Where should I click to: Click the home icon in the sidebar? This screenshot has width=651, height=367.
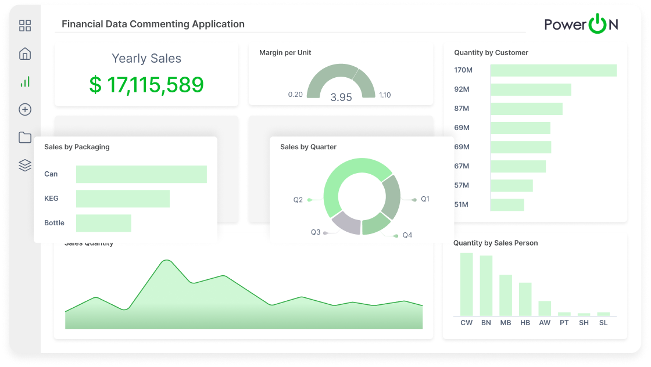(x=25, y=54)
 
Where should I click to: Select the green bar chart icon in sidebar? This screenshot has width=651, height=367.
(x=25, y=82)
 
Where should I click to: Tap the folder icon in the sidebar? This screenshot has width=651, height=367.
(x=25, y=138)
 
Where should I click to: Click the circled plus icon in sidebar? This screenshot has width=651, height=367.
(x=25, y=110)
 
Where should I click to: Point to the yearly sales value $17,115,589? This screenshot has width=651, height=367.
(x=146, y=85)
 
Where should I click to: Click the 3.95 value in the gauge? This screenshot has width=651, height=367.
(x=341, y=98)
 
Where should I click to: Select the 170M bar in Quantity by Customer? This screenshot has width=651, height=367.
(x=553, y=70)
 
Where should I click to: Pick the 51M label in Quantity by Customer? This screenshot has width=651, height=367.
(x=462, y=204)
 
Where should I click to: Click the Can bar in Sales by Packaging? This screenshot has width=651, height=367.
(x=141, y=174)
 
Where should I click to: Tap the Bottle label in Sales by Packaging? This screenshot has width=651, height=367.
(x=54, y=223)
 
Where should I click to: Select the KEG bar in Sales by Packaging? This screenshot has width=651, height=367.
(x=123, y=199)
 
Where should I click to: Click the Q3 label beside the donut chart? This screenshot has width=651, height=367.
(x=316, y=232)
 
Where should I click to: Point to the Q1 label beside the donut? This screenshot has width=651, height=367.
(x=425, y=199)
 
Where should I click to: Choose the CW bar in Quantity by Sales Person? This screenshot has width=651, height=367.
(x=467, y=284)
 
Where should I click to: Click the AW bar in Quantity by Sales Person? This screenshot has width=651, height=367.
(x=545, y=308)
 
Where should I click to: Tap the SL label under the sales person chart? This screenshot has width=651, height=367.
(x=603, y=323)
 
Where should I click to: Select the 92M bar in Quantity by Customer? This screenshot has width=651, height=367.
(x=531, y=89)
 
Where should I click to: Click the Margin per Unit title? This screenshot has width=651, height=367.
(x=285, y=53)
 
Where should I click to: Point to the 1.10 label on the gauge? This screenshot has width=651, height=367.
(x=385, y=95)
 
